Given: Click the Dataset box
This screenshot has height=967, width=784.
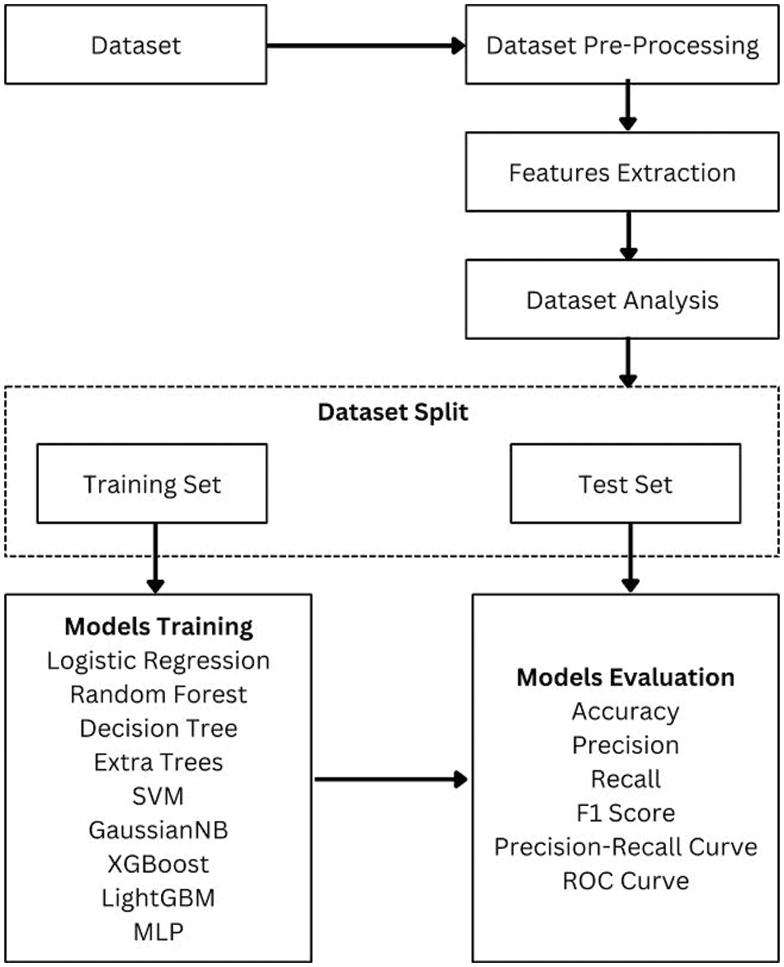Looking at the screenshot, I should click(135, 45).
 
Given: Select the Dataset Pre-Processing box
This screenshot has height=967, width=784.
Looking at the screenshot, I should click(622, 45).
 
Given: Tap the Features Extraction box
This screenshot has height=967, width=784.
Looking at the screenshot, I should click(622, 172).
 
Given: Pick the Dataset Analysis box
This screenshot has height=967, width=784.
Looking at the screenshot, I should click(622, 300).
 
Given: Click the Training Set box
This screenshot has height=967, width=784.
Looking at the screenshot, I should click(152, 483).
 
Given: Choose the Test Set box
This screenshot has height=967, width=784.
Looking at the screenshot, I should click(626, 483).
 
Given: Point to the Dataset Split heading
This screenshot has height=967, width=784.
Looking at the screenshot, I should click(393, 412).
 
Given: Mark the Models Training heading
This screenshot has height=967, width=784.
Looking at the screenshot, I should click(158, 626).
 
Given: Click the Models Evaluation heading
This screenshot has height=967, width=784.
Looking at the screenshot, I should click(626, 677).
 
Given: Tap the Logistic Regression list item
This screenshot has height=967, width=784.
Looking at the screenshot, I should click(158, 660).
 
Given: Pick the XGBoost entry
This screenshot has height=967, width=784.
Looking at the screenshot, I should click(158, 863).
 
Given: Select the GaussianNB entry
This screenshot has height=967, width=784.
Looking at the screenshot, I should click(158, 829).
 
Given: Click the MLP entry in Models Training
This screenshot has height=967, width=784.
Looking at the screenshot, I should click(158, 931).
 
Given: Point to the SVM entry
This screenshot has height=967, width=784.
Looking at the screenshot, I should click(158, 795).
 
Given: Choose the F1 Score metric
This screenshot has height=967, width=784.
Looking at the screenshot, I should click(626, 813).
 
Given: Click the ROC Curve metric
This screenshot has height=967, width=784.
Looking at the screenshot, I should click(626, 880).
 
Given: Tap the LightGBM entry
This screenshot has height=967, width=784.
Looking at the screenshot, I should click(158, 897).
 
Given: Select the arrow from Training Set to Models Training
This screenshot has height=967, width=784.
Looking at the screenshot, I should click(153, 558).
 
